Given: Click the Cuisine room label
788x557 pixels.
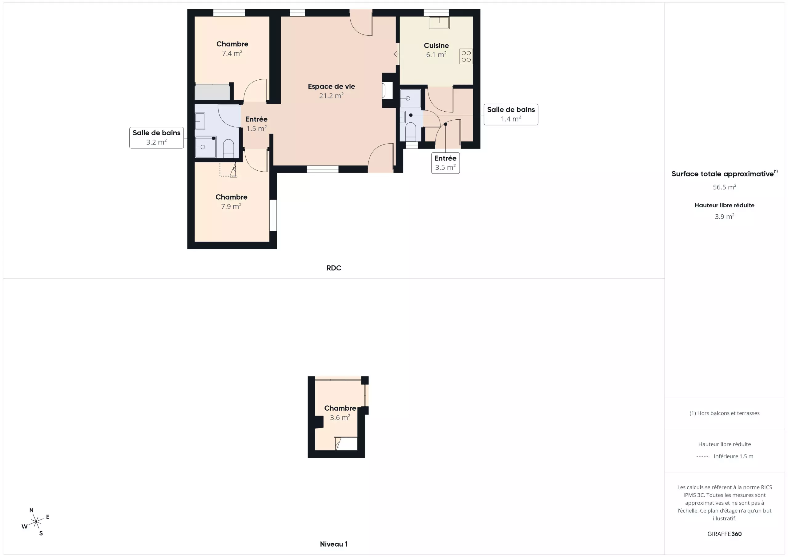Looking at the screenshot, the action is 436,46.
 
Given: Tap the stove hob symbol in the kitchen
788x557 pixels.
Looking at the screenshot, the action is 466,57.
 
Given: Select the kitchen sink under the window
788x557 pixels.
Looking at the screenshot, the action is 439,23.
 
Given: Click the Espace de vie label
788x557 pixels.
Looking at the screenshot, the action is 331,86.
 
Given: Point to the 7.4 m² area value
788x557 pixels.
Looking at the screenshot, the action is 232,53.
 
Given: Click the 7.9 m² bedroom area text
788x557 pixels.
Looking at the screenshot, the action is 231,206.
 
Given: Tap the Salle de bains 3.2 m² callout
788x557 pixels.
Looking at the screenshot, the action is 156,137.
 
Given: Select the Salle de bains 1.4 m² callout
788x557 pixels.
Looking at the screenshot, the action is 511,114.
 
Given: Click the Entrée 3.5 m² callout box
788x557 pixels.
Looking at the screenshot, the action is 445,163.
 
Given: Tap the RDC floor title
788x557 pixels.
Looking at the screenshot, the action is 334,268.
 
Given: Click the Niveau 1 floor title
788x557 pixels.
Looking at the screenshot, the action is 334,544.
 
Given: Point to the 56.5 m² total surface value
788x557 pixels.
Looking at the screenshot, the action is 725,187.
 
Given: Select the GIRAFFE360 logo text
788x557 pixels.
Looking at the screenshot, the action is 725,534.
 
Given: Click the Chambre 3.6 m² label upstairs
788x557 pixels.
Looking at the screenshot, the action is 340,413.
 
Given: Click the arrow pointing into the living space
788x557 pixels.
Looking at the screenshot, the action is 396,54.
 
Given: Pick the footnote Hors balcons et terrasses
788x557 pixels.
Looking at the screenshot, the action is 725,413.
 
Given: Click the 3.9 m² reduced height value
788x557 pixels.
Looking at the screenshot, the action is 725,217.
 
